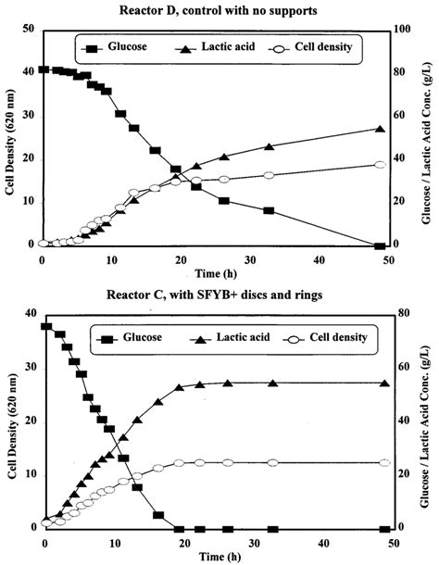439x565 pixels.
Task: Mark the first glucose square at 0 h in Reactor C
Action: coord(46,327)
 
